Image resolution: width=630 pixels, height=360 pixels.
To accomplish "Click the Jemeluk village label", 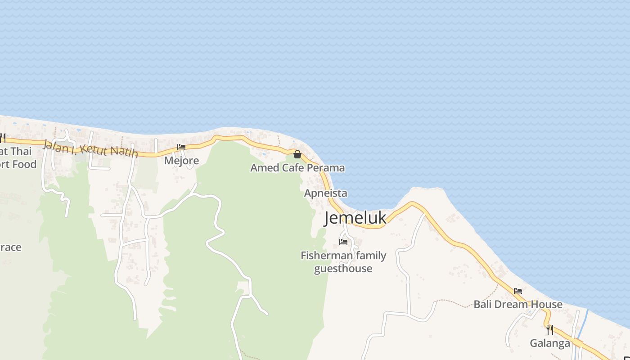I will click(355, 218).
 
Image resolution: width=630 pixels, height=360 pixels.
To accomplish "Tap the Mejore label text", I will click(181, 161).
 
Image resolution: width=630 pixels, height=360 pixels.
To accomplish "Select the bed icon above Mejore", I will click(181, 147).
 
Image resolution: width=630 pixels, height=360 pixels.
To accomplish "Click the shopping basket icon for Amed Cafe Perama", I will click(297, 154).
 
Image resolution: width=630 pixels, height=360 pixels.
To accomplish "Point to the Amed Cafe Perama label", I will click(297, 168).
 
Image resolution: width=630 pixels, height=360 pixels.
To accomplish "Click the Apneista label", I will click(325, 193).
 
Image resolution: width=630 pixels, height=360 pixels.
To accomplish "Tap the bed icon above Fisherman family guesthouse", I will click(343, 242).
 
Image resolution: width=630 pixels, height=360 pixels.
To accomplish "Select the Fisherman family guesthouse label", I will click(343, 262).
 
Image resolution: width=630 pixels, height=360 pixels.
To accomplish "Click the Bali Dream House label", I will click(518, 305).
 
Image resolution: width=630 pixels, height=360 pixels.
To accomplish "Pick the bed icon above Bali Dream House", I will click(518, 291).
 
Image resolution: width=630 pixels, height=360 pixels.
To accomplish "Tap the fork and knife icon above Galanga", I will click(550, 330).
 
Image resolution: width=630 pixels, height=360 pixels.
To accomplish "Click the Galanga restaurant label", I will click(550, 343).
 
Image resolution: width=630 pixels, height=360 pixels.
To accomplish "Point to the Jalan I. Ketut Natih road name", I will click(90, 148).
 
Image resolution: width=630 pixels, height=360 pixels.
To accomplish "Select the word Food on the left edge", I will click(24, 164).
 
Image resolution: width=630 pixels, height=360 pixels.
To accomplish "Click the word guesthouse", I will click(343, 269).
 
